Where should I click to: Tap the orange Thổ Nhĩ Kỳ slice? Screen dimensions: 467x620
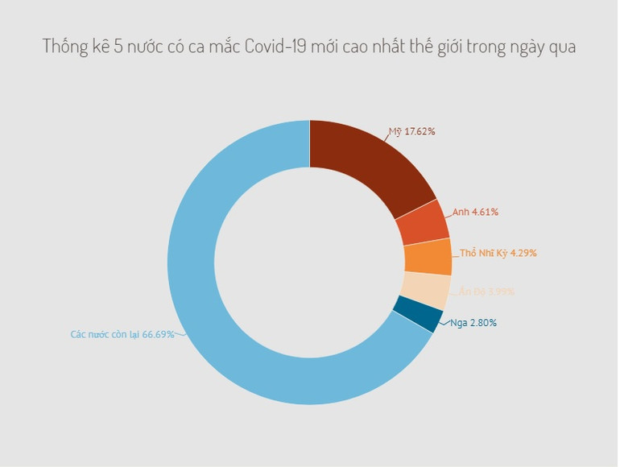point(428,257)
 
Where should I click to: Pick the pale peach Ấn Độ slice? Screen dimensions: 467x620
point(424,291)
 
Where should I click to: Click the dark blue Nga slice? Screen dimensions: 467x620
point(417,315)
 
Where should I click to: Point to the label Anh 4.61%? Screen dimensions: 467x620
point(475,212)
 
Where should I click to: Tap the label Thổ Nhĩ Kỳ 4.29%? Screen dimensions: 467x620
point(498,253)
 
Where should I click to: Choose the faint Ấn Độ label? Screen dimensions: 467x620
point(486,291)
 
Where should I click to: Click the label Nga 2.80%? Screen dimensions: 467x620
point(473,323)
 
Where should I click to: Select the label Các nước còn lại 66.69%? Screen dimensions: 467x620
point(122,334)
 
